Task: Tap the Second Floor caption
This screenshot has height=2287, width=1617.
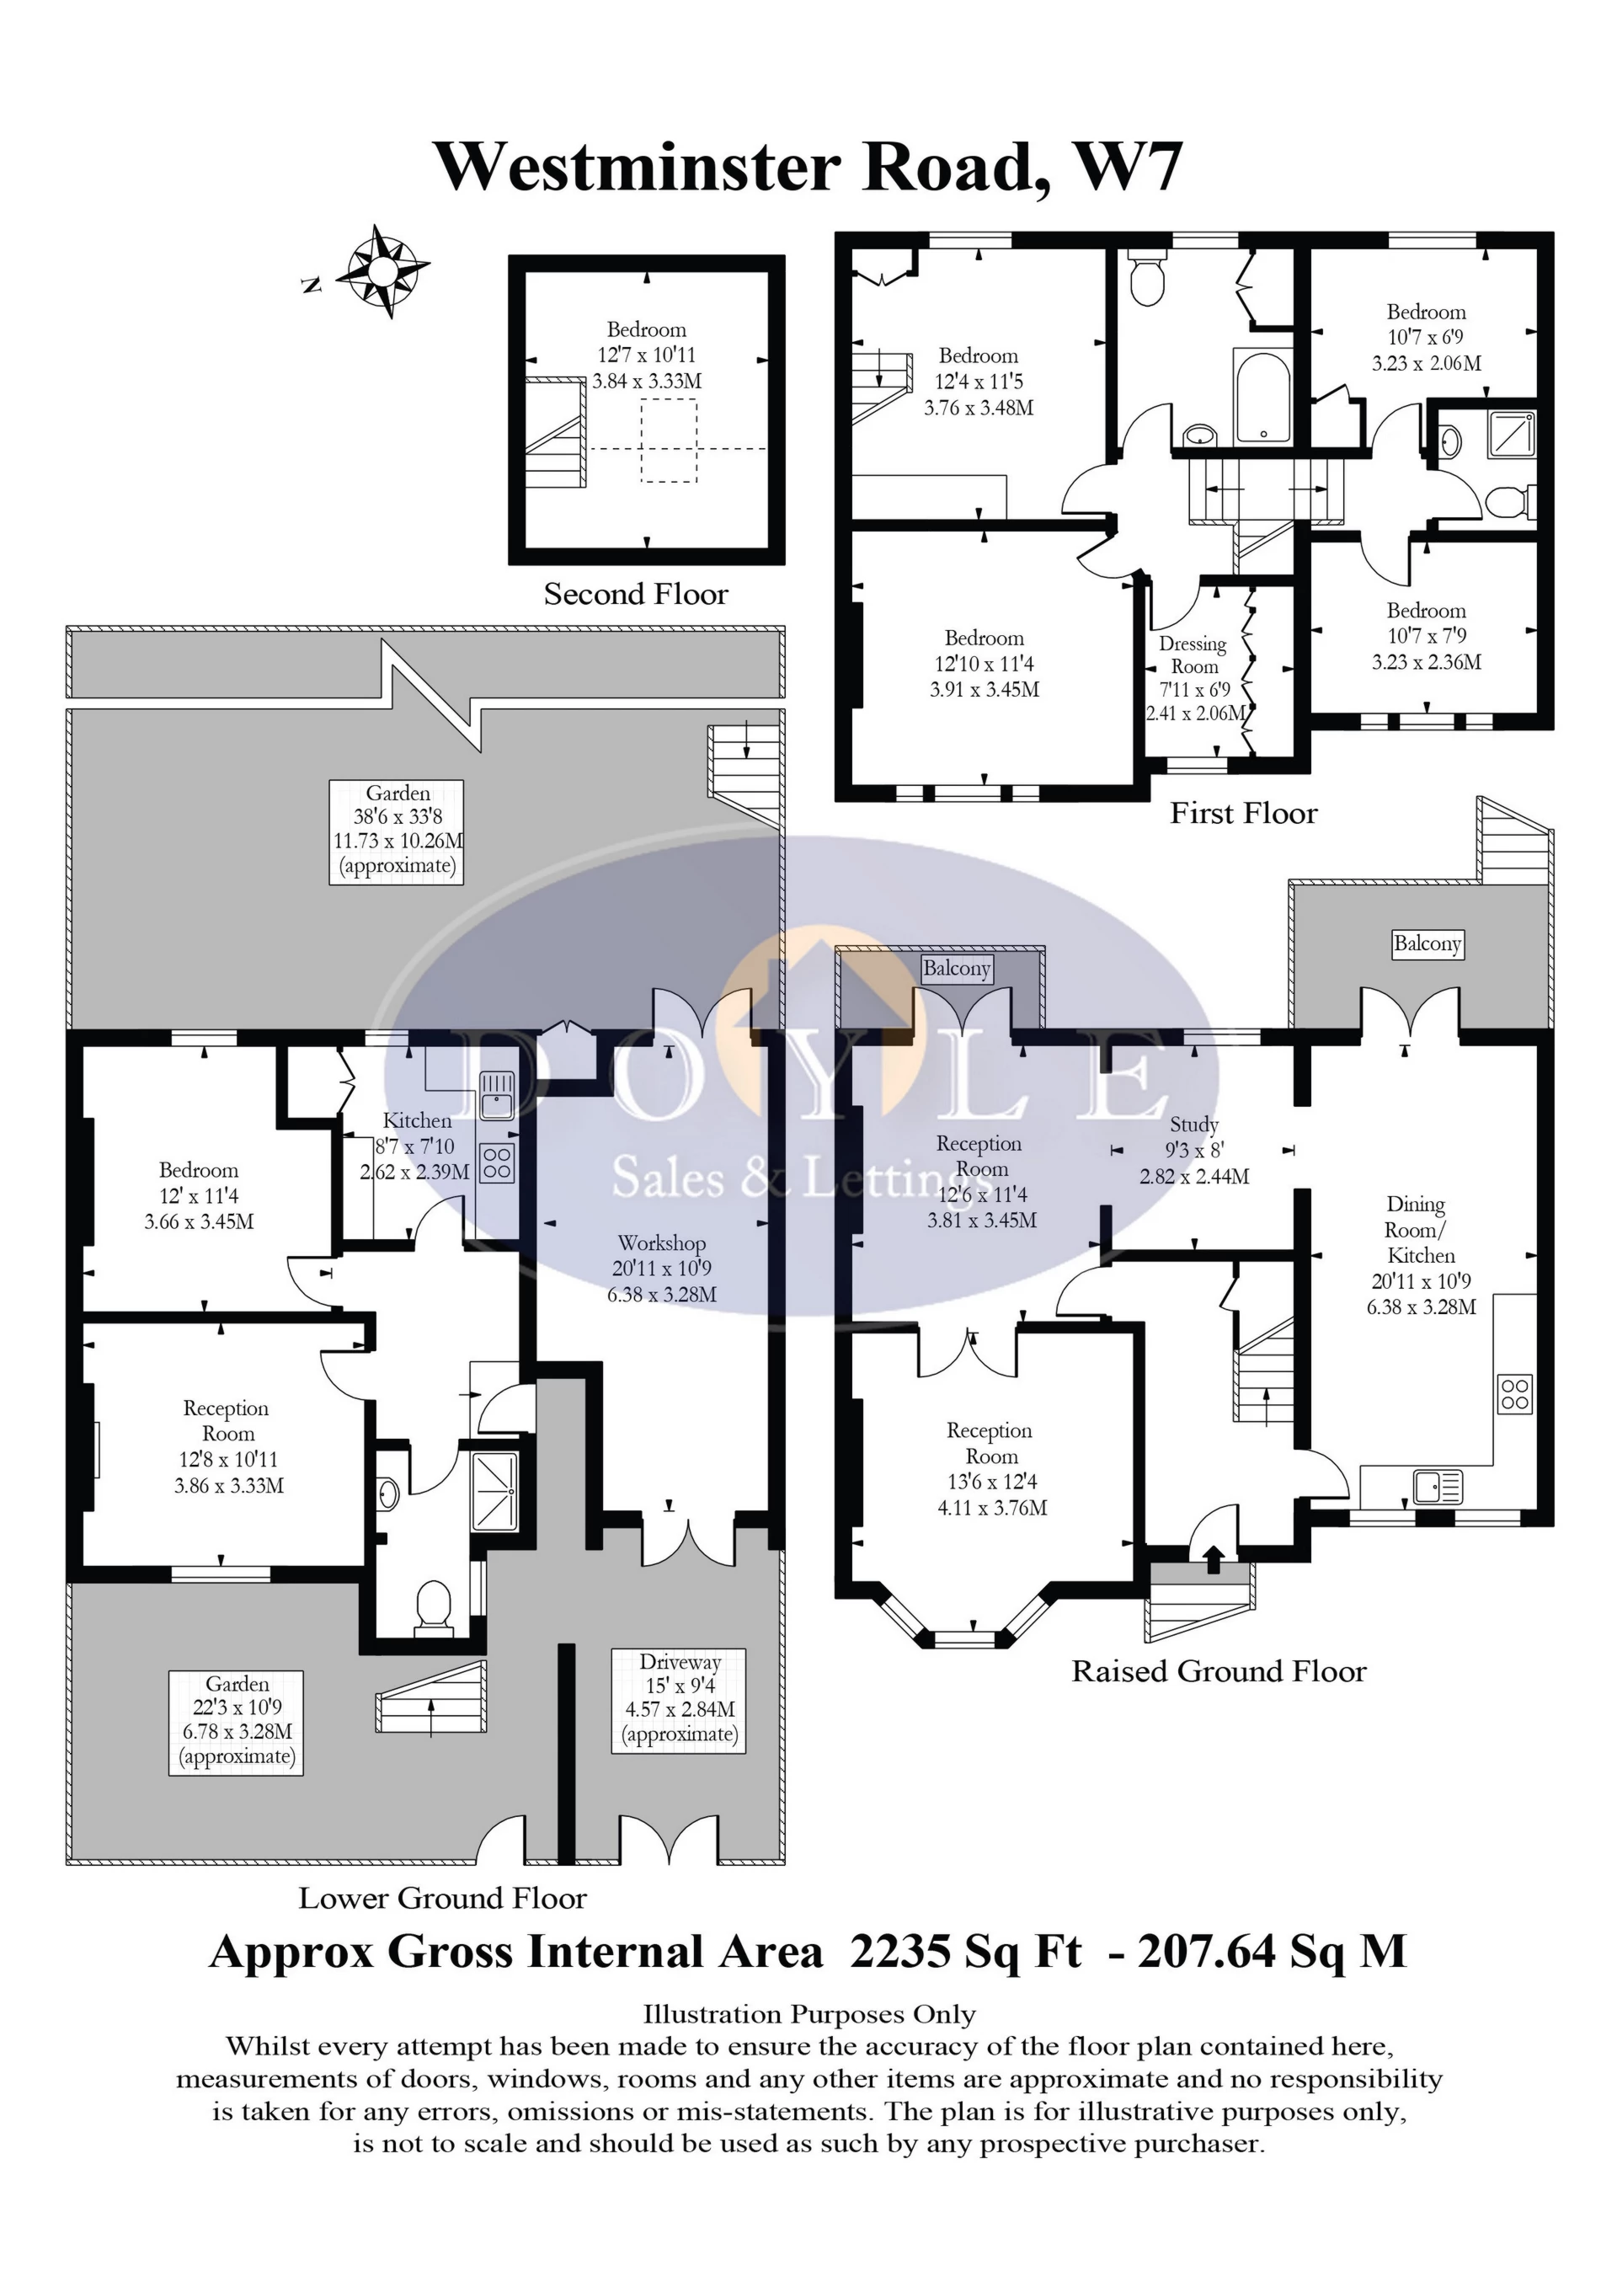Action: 635,595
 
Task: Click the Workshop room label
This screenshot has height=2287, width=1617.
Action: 662,1242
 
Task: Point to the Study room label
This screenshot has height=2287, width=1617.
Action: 1194,1124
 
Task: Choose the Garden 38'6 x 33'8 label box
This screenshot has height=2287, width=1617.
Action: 398,830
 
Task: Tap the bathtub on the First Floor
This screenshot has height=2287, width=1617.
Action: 1262,398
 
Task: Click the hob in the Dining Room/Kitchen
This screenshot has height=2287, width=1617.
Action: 1514,1393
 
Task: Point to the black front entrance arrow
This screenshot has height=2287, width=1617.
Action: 1213,1558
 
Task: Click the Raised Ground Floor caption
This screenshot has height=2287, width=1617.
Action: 1219,1670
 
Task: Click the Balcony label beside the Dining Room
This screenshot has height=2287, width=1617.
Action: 1427,943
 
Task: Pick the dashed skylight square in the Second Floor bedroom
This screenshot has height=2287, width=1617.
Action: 668,441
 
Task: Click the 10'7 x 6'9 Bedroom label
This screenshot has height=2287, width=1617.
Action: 1426,338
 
